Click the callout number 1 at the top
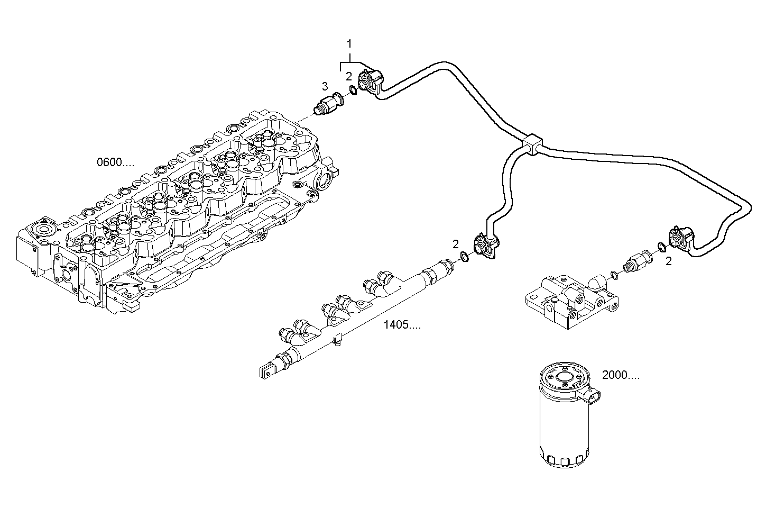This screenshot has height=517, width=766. (x=349, y=43)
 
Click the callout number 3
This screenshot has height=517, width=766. (x=325, y=86)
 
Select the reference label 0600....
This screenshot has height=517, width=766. (x=115, y=162)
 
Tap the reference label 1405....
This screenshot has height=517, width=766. (x=402, y=325)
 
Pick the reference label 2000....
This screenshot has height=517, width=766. (x=621, y=375)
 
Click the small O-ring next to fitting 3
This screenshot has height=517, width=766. (x=353, y=90)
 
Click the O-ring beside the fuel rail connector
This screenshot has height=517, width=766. (x=464, y=257)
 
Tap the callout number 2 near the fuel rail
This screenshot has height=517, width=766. (x=455, y=244)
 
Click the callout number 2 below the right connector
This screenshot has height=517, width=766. (x=668, y=261)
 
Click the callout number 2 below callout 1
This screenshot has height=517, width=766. (x=349, y=76)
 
